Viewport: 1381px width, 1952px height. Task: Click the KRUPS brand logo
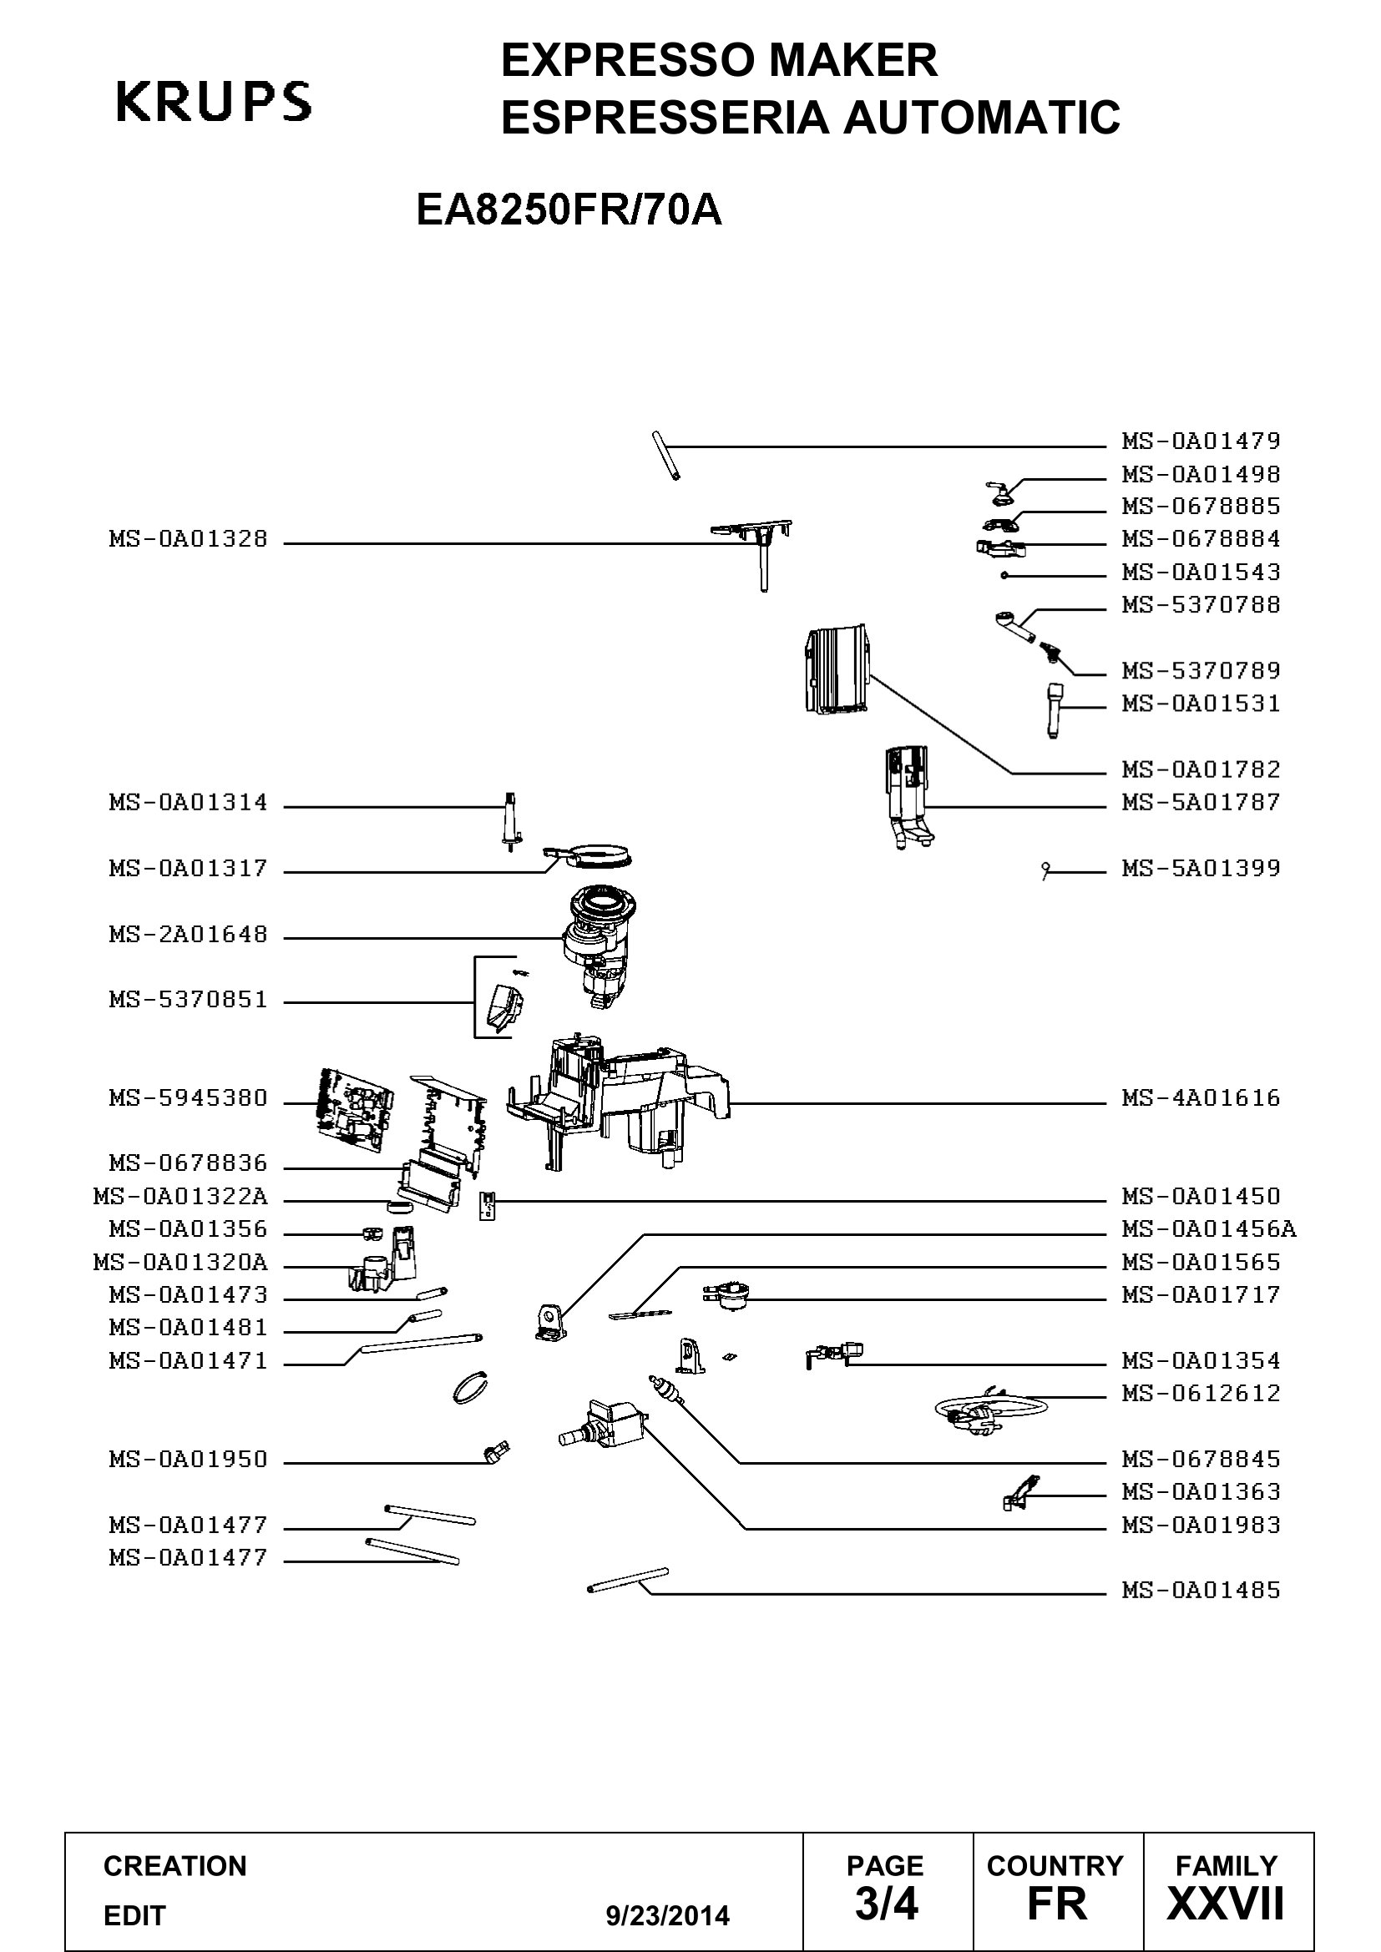tap(214, 102)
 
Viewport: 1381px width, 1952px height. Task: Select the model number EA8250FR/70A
tap(569, 209)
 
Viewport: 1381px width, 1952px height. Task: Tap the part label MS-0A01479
tap(1201, 441)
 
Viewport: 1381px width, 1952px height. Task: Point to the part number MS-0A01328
tap(188, 538)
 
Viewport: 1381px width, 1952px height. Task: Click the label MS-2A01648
tap(188, 935)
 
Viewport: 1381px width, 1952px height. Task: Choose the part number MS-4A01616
tap(1201, 1097)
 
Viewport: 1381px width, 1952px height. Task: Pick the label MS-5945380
tap(188, 1097)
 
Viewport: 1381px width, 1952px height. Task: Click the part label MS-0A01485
tap(1201, 1590)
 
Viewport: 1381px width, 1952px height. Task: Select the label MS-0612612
tap(1201, 1393)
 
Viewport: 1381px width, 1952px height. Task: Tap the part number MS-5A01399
tap(1201, 868)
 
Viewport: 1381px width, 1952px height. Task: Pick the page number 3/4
tap(887, 1903)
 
